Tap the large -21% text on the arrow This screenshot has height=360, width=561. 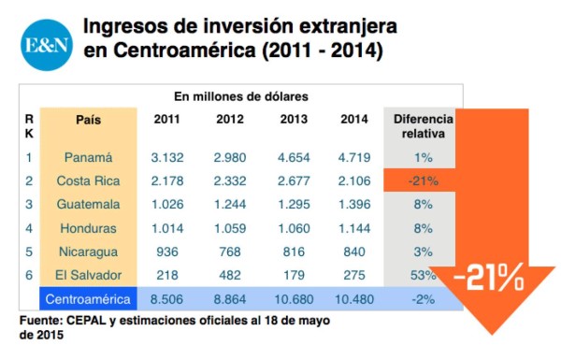(489, 276)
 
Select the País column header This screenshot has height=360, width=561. (89, 120)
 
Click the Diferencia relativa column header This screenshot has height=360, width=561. (423, 126)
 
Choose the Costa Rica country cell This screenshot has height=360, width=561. (89, 180)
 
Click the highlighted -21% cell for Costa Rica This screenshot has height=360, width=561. (422, 180)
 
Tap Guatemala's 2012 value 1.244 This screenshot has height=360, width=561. (230, 204)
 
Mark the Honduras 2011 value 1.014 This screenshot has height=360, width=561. (166, 228)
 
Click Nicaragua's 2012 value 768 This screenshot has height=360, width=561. (230, 252)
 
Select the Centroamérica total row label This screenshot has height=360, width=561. (89, 299)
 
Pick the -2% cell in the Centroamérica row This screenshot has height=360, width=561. (422, 299)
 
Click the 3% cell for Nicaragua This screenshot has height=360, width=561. (422, 252)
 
